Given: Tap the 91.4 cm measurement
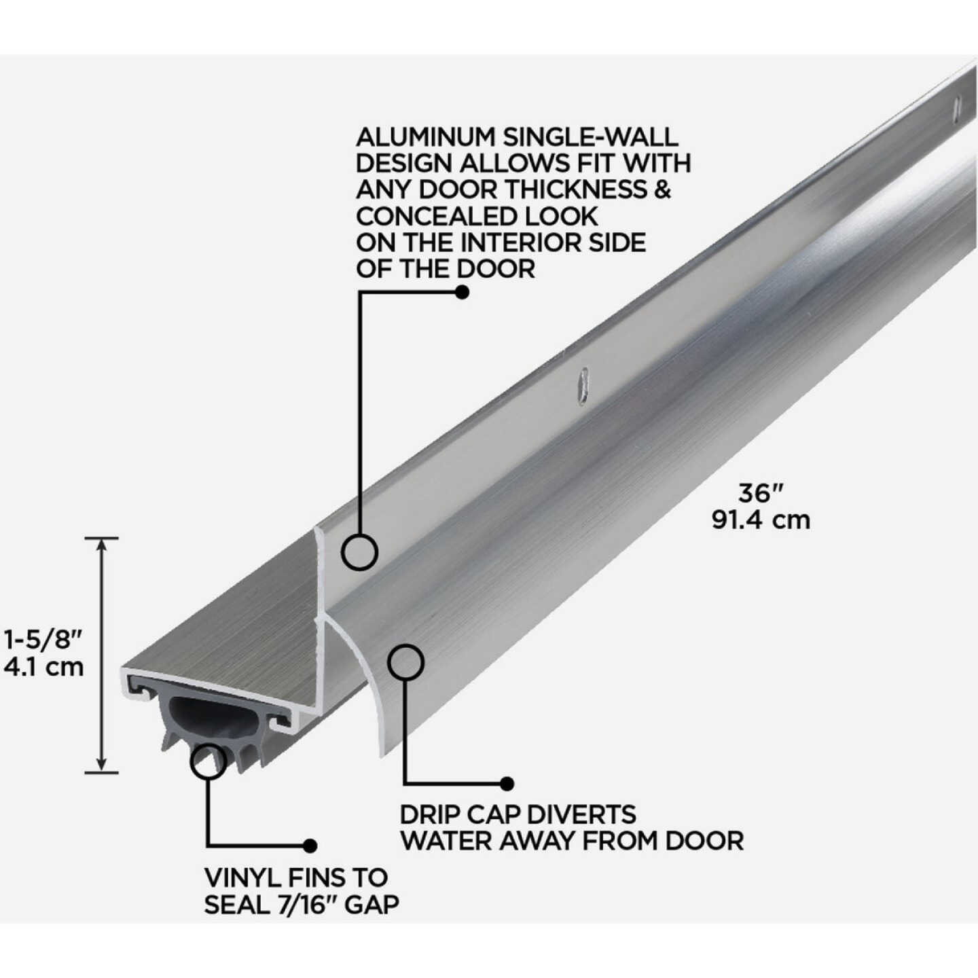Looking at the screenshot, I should point(761,520).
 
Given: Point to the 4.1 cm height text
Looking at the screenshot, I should point(43,667).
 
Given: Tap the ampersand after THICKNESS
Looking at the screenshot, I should point(662,190).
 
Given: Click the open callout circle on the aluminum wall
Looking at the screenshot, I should point(359,551).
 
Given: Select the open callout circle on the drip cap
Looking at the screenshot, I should point(405,662).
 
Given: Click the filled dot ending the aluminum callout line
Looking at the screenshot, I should point(462,292).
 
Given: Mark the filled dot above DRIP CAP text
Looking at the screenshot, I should point(506,784).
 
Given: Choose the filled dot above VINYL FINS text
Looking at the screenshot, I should point(310,846).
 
